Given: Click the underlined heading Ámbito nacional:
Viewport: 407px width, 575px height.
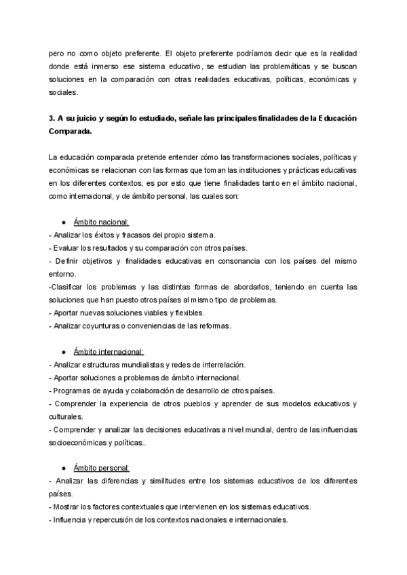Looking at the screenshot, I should (x=101, y=222).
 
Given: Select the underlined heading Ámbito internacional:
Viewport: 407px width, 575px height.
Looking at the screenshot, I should (x=109, y=352).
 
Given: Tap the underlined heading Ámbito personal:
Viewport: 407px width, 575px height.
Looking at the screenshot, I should (x=102, y=469).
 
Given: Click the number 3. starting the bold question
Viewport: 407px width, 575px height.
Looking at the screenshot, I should (x=52, y=118).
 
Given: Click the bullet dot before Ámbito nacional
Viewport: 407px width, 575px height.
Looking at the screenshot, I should (x=63, y=222).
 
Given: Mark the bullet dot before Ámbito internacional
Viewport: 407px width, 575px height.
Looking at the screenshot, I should (x=63, y=352).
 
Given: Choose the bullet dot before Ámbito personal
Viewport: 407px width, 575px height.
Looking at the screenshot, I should (x=63, y=469).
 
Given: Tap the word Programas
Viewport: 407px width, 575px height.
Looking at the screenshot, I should (x=71, y=391).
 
